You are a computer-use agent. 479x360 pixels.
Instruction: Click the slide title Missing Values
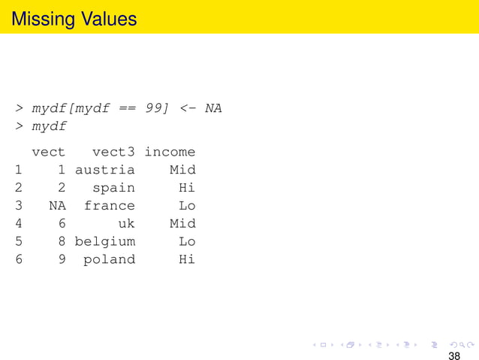click(74, 18)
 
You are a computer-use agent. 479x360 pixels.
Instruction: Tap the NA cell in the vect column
click(57, 206)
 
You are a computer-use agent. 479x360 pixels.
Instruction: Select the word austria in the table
click(105, 170)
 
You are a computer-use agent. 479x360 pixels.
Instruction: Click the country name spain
click(114, 188)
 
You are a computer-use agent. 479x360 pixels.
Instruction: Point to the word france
click(110, 206)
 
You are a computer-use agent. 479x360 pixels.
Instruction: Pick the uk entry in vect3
click(126, 224)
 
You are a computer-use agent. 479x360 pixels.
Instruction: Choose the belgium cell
click(105, 242)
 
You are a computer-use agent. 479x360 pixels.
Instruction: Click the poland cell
click(110, 260)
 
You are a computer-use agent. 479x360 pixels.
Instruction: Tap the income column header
click(170, 152)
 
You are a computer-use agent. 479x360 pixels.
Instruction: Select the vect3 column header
click(114, 152)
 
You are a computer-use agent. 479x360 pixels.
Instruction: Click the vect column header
click(48, 152)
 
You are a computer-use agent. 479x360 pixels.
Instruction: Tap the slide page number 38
click(454, 355)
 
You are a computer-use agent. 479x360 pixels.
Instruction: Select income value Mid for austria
click(182, 170)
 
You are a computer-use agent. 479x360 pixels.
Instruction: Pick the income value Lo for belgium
click(187, 242)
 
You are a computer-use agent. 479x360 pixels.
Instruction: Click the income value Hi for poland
click(187, 260)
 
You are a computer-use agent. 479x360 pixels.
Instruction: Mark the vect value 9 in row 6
click(62, 260)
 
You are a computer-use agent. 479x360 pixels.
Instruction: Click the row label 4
click(17, 224)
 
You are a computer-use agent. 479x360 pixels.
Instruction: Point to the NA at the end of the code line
click(213, 108)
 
